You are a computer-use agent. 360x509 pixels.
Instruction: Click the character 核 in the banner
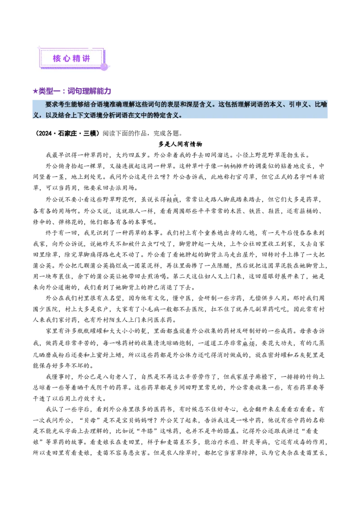[x=56, y=59]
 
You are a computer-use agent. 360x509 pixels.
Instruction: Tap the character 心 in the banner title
[x=66, y=59]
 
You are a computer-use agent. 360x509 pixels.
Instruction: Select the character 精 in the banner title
[x=76, y=59]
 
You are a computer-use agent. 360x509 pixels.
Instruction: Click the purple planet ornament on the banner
[x=104, y=67]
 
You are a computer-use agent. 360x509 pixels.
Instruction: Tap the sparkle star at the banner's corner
[x=39, y=46]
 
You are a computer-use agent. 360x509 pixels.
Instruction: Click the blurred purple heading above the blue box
[x=72, y=91]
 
